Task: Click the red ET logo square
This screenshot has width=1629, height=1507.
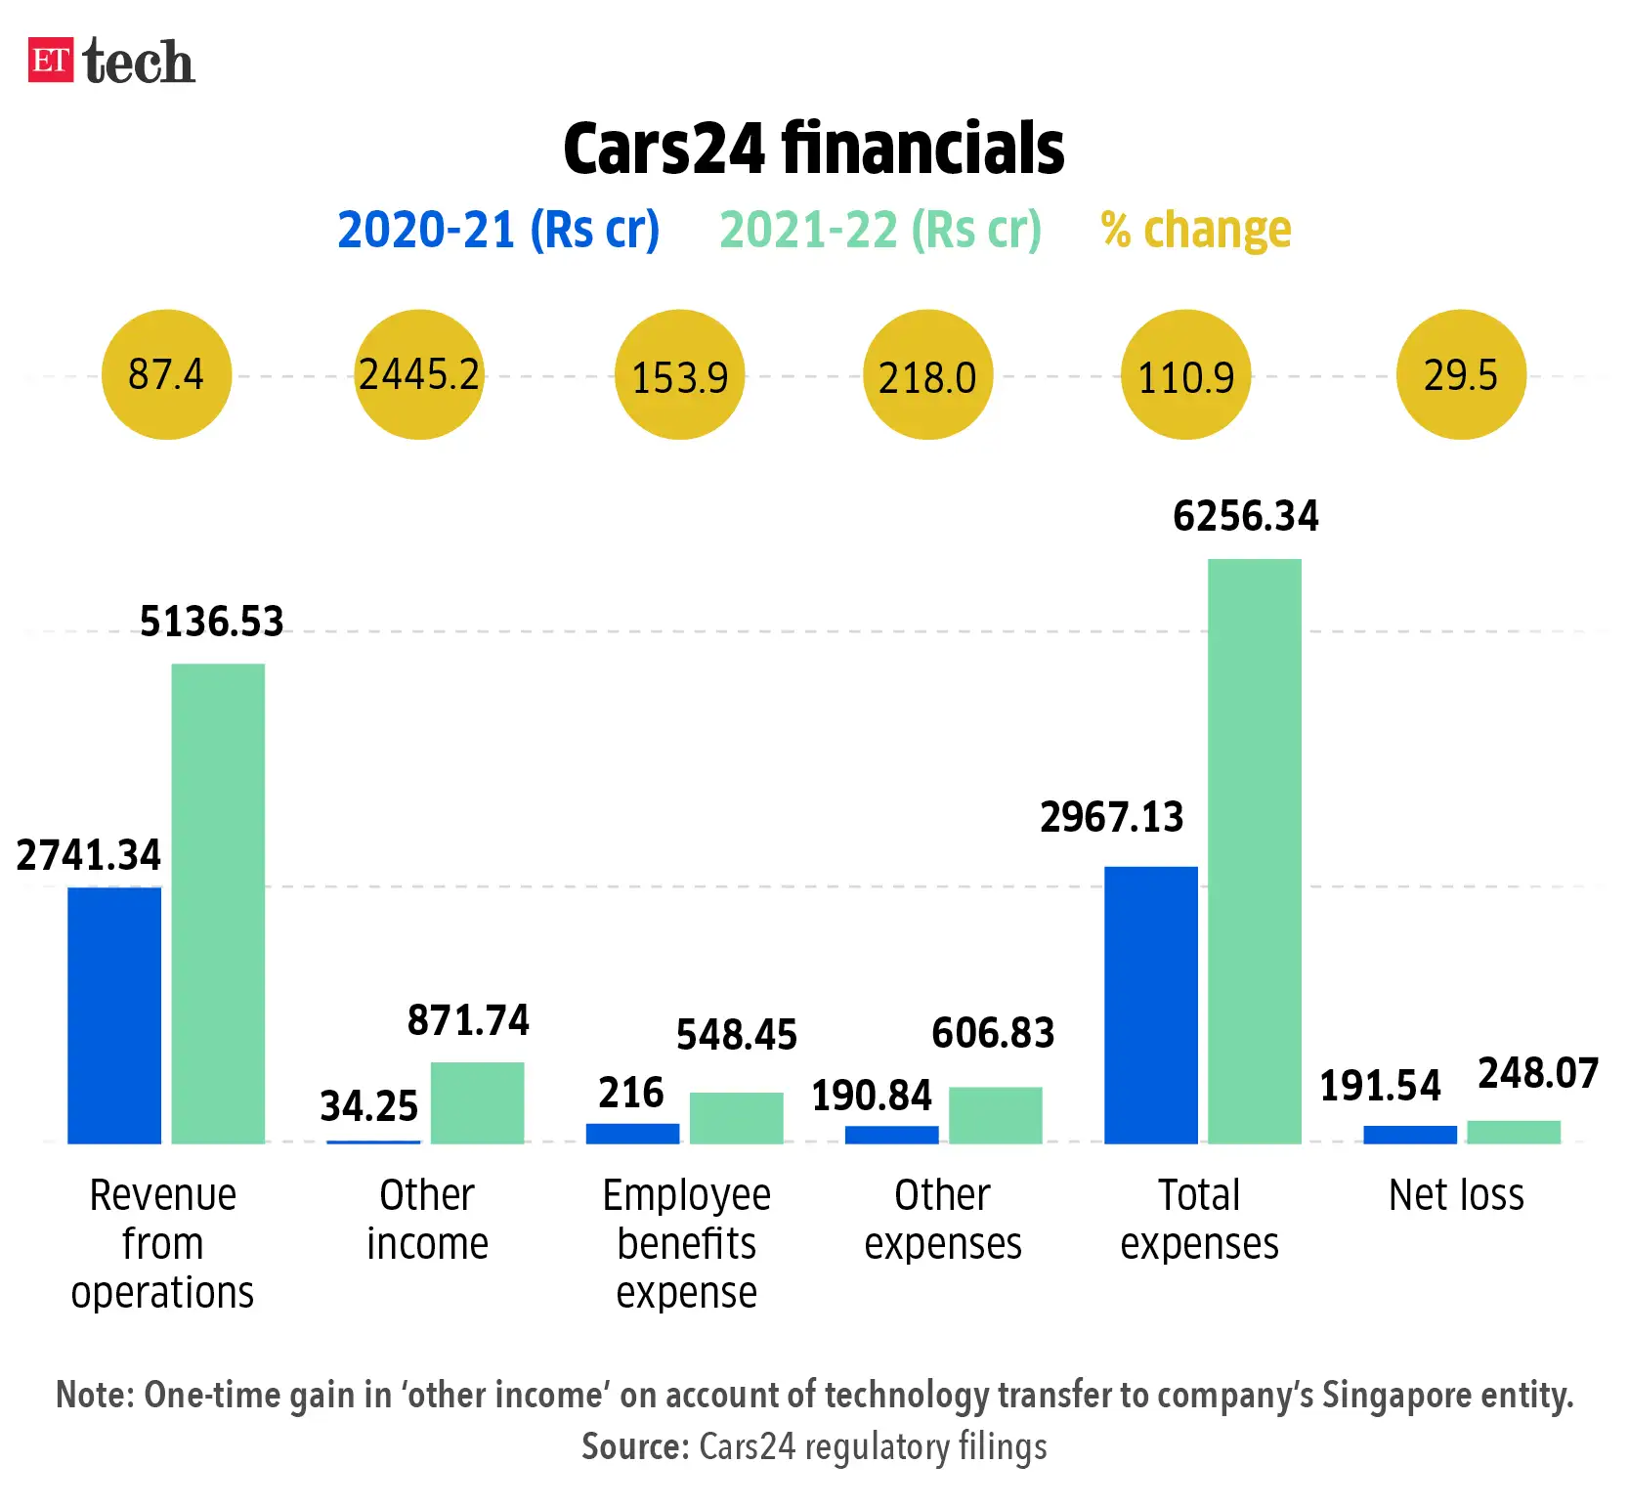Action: [51, 61]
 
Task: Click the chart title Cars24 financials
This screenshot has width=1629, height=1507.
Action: [813, 149]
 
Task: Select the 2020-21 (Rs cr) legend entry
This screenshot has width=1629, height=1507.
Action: [498, 231]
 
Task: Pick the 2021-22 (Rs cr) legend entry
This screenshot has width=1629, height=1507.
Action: [880, 231]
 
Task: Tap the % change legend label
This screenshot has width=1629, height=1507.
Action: [1195, 231]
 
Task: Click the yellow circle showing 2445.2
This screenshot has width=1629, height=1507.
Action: [419, 374]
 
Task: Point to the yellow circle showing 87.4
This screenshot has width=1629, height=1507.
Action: [166, 374]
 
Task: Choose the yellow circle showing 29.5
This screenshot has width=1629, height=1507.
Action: [1461, 374]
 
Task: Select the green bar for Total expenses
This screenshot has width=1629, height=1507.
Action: [1254, 850]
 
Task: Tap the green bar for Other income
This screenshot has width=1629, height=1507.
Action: [477, 1102]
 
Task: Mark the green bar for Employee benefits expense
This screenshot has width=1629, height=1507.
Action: [736, 1117]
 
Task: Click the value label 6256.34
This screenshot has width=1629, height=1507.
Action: [1245, 516]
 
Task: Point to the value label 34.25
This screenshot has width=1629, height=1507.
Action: [368, 1106]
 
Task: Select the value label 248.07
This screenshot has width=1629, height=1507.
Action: [1537, 1073]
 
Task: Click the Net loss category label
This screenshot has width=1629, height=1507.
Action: [1456, 1195]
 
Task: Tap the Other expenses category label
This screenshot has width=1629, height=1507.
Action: [942, 1220]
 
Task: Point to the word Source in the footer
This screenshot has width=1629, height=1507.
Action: [635, 1446]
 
